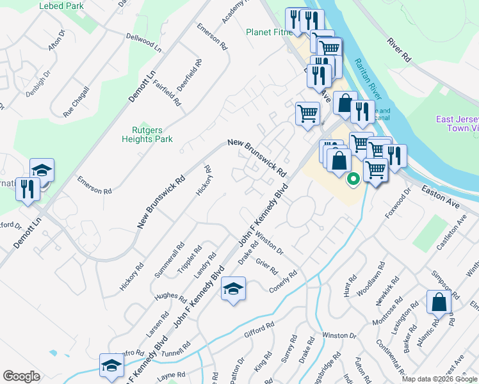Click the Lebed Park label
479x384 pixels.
[61, 6]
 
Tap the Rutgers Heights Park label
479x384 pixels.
[148, 134]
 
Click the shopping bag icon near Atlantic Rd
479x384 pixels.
[439, 303]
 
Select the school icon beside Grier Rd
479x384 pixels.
[233, 289]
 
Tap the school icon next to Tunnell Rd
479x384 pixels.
[111, 365]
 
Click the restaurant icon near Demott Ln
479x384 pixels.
[28, 189]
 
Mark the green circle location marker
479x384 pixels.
[352, 179]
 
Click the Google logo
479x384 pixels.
[21, 376]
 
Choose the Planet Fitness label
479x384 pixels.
[268, 32]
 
